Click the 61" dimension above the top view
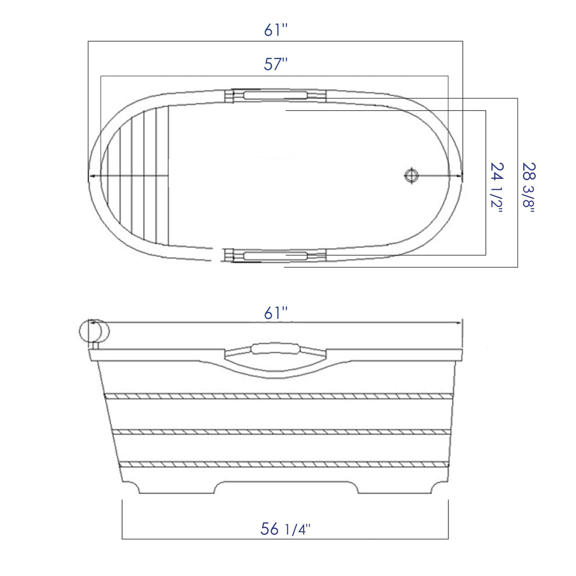pyautogui.click(x=276, y=30)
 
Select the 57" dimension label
pyautogui.click(x=276, y=65)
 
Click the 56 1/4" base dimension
pyautogui.click(x=285, y=529)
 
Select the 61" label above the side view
pyautogui.click(x=276, y=313)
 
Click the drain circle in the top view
pyautogui.click(x=411, y=175)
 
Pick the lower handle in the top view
pyautogui.click(x=276, y=256)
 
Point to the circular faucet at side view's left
pyautogui.click(x=93, y=331)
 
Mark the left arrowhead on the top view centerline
pyautogui.click(x=91, y=176)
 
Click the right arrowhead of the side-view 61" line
pyautogui.click(x=459, y=323)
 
